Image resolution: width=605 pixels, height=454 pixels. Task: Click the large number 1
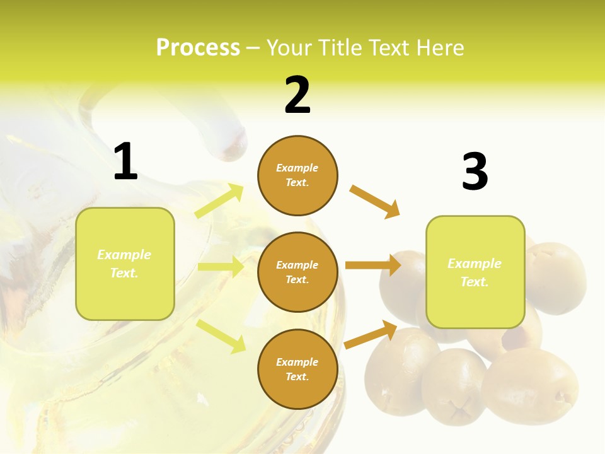125,162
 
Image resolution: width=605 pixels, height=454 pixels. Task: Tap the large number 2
297,95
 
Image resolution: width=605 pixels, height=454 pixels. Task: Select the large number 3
475,172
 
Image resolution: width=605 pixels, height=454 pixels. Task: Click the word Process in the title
198,47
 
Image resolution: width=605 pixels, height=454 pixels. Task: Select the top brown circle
297,175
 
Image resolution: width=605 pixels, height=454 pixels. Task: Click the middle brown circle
297,272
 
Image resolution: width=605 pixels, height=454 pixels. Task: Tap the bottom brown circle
297,369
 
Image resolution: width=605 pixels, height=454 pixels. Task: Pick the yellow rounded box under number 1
125,264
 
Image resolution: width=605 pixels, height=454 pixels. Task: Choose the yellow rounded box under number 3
475,272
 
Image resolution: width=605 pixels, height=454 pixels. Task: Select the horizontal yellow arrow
221,267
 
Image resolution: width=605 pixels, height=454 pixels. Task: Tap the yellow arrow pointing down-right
221,336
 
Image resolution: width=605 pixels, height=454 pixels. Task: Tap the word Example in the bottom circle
297,362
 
